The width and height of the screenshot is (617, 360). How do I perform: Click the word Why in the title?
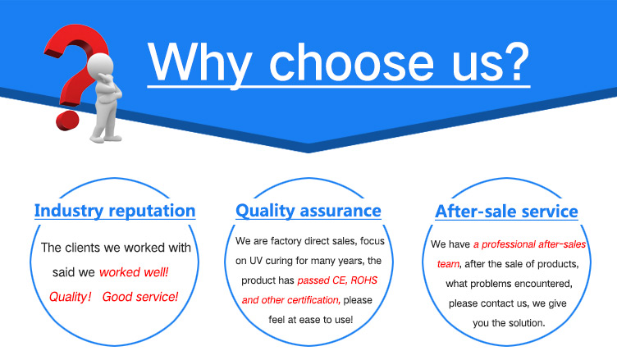200,63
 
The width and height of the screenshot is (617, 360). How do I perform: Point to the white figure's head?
100,66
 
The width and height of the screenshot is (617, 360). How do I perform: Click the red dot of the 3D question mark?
67,121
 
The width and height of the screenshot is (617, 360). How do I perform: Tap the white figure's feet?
106,138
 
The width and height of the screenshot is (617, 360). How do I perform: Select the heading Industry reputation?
115,211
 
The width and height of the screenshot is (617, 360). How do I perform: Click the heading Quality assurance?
308,211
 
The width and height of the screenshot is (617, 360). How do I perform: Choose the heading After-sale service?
506,212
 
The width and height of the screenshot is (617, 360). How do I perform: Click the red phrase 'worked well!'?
134,272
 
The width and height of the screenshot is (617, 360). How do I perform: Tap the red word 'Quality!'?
70,297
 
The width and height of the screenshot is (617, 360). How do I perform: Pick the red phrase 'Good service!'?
140,297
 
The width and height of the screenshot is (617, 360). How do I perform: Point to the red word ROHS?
364,280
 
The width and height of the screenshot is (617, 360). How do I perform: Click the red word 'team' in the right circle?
448,263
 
